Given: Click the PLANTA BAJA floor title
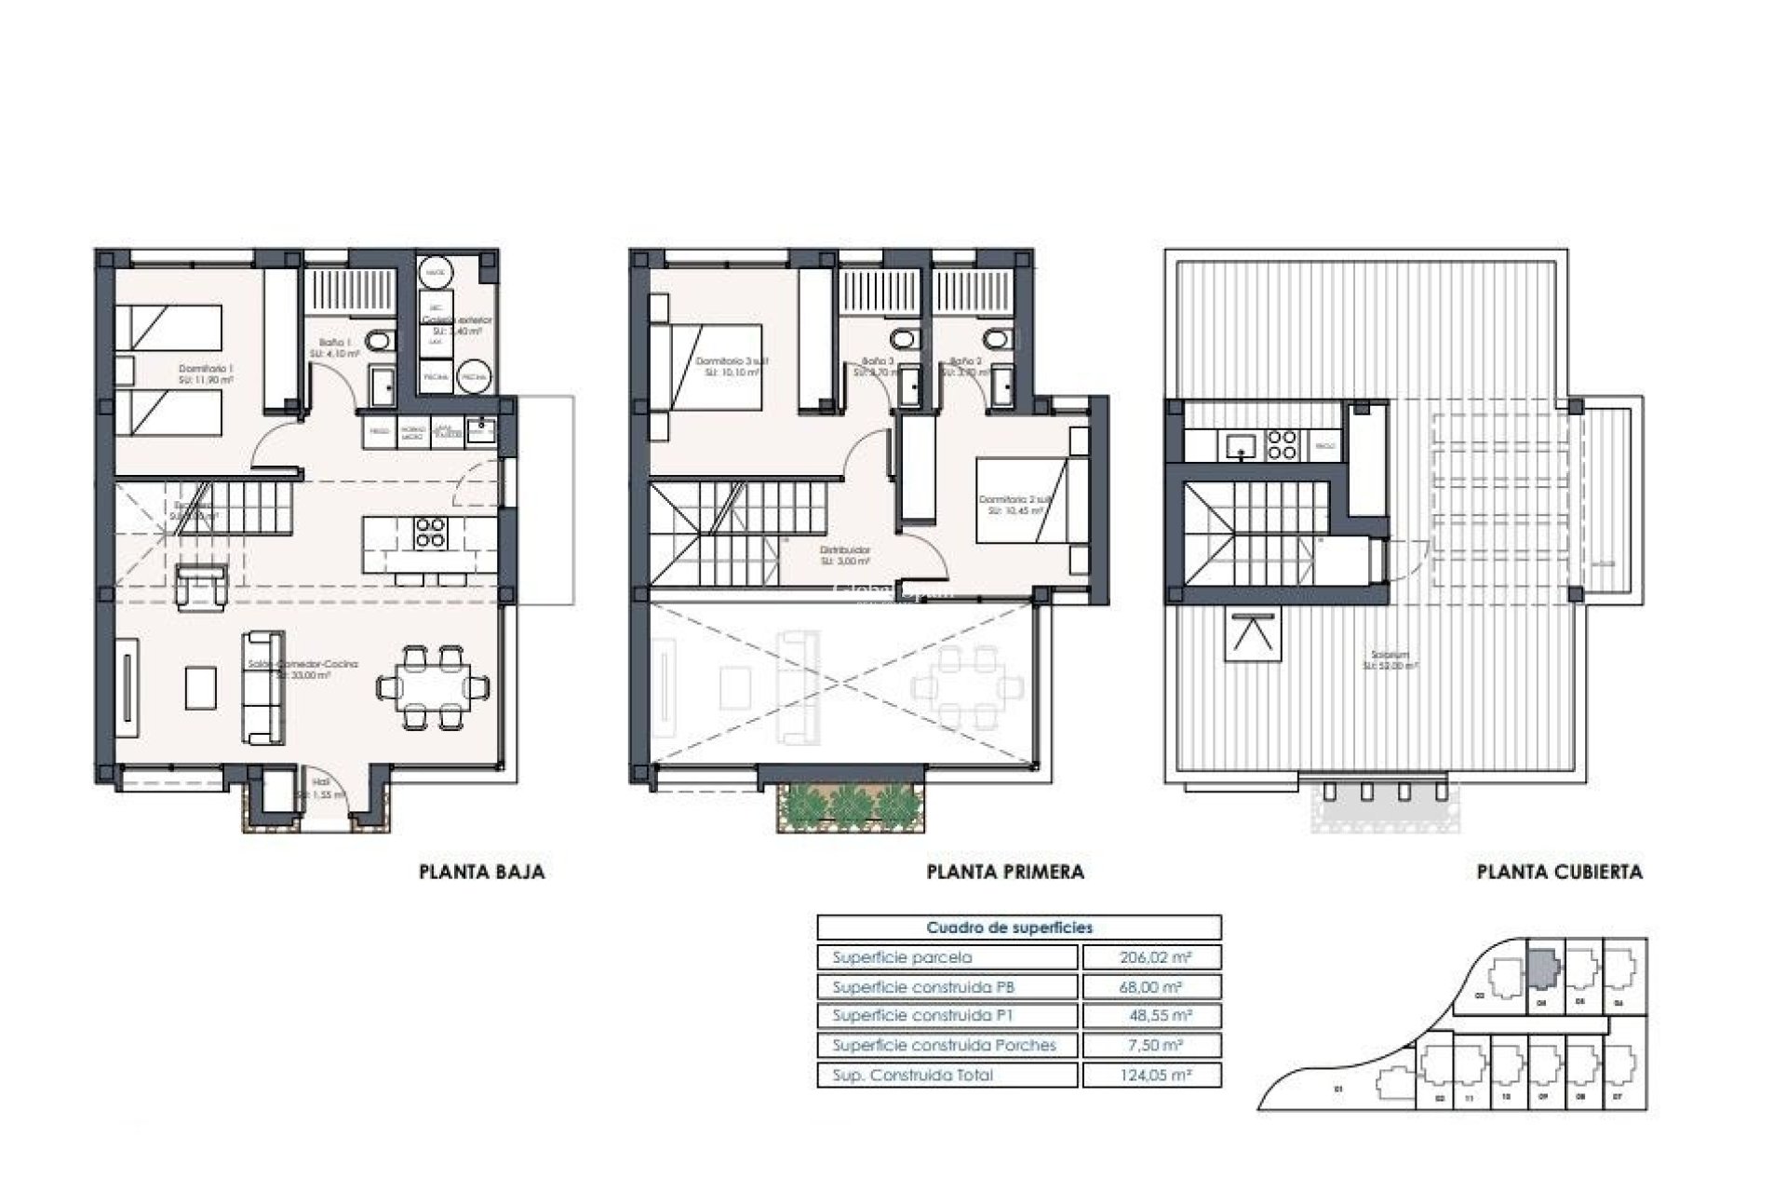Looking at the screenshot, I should (481, 873).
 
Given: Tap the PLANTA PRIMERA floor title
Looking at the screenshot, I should (1005, 873).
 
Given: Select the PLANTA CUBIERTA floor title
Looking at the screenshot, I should (1559, 873).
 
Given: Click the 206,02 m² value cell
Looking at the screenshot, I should (1151, 957).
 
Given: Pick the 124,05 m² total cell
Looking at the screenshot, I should (1151, 1075).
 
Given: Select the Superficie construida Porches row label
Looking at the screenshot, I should (944, 1045).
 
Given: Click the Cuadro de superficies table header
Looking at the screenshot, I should (1010, 928).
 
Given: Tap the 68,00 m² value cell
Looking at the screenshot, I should (1151, 987).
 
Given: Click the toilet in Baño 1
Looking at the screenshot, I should (378, 343).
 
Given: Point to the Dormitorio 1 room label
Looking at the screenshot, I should (206, 373).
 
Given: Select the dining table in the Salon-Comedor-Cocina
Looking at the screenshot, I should (434, 687).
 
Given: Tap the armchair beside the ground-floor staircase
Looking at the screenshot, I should (202, 589).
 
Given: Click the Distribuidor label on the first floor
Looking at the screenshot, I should (845, 555).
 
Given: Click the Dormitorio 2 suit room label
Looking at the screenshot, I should (1014, 504).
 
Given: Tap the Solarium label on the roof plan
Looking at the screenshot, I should (1390, 659).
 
